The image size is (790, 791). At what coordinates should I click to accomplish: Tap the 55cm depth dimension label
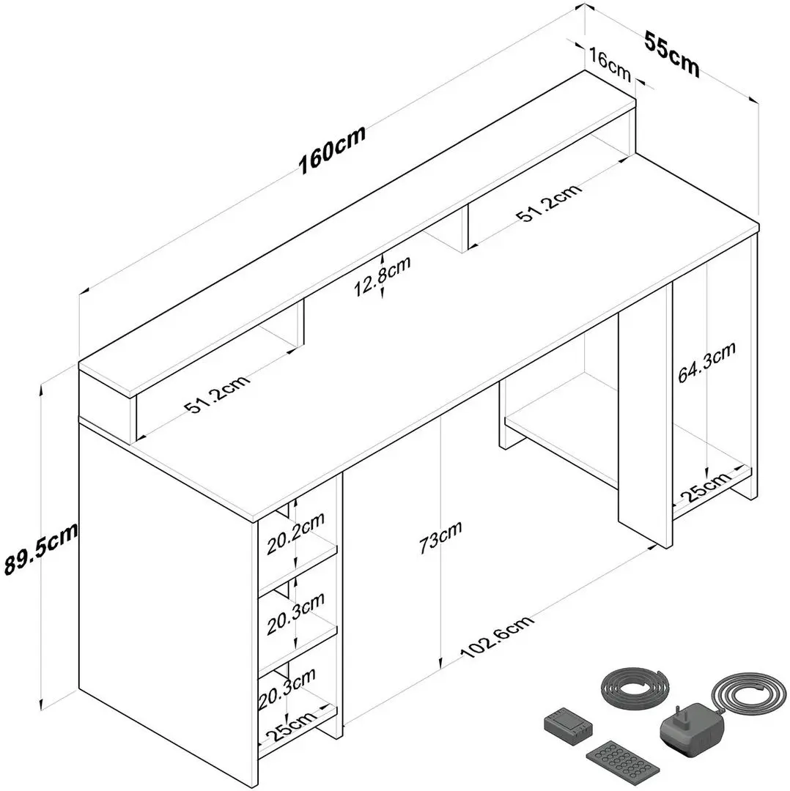[672, 54]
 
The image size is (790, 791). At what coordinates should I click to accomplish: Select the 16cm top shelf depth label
[609, 64]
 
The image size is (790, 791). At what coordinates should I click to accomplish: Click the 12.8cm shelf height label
[382, 276]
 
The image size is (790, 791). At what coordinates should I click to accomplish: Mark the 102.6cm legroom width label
[497, 636]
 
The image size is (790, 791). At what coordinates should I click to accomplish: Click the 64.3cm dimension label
[706, 362]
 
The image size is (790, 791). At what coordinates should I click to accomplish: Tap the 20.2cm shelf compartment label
[296, 534]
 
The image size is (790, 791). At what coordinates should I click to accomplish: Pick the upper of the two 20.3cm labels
[296, 614]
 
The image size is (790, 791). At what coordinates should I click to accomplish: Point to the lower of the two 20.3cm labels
[287, 688]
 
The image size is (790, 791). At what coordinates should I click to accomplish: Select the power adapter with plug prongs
[692, 726]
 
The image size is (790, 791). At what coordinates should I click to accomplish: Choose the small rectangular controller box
[569, 722]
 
